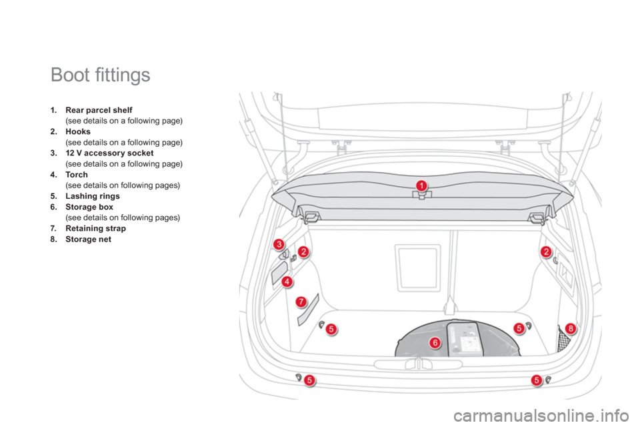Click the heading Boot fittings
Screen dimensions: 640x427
click(100, 75)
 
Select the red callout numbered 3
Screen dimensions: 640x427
click(278, 245)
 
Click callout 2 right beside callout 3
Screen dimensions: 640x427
click(303, 252)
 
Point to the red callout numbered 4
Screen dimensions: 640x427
click(287, 282)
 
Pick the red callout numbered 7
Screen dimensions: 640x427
click(301, 302)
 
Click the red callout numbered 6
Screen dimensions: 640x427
click(435, 342)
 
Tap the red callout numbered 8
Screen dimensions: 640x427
click(570, 327)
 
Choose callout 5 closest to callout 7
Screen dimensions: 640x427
click(331, 328)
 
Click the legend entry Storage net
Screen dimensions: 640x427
click(87, 238)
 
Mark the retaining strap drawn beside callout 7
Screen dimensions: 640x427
click(308, 310)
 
